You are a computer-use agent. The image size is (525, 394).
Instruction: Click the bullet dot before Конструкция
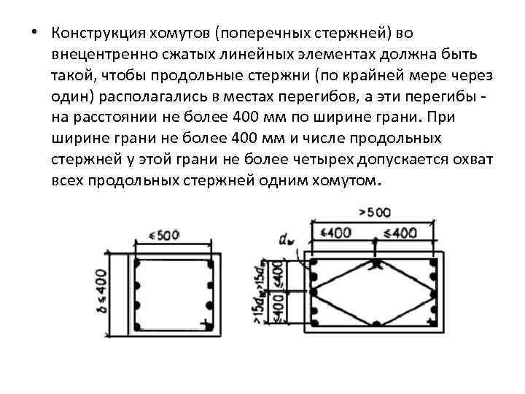click(x=35, y=34)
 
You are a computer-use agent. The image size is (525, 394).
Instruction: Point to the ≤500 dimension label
click(x=163, y=236)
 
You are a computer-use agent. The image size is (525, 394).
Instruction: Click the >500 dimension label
click(x=376, y=212)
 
